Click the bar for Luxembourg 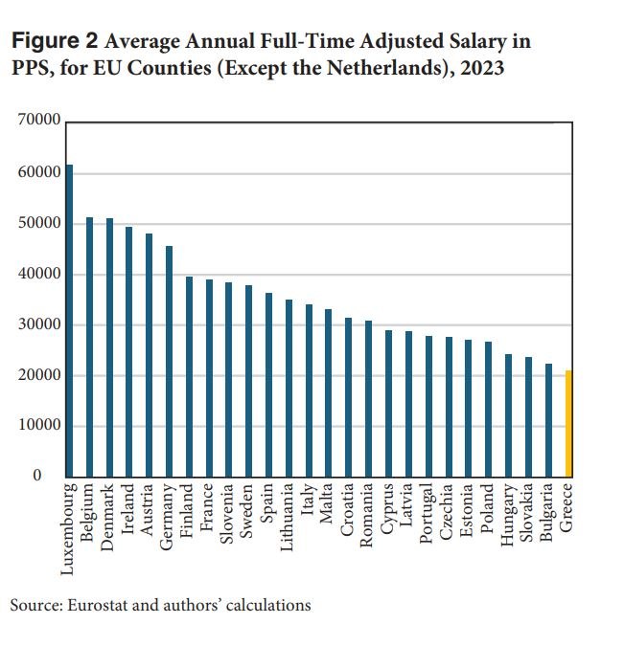click(69, 321)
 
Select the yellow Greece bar click(568, 424)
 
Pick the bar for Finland click(189, 376)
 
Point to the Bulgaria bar click(548, 420)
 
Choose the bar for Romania click(368, 398)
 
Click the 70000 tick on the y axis click(39, 123)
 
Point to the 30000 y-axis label click(39, 325)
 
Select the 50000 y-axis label click(39, 224)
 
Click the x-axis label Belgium click(89, 514)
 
